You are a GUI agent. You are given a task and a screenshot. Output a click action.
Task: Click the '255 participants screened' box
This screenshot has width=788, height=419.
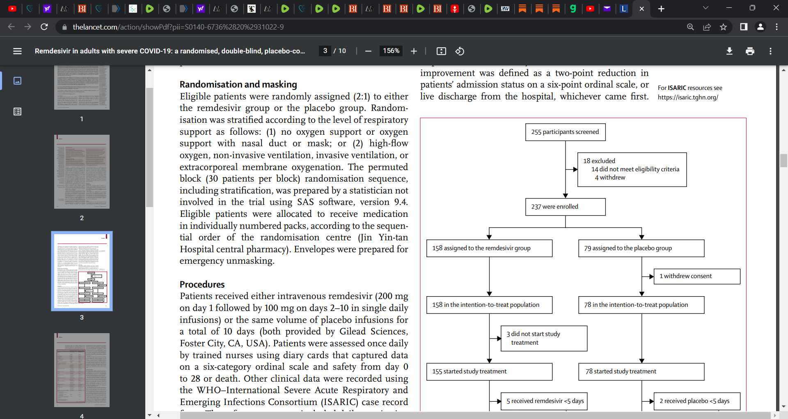click(565, 132)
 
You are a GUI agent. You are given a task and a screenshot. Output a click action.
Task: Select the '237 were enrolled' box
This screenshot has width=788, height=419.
click(565, 207)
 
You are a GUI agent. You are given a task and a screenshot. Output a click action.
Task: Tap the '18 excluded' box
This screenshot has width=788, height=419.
click(632, 170)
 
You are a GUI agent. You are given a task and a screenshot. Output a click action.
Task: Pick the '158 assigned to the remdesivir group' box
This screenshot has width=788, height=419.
click(489, 249)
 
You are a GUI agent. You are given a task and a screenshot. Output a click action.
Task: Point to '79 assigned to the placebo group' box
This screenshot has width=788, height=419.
click(641, 249)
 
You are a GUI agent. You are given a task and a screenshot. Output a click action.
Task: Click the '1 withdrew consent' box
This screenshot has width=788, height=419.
click(696, 276)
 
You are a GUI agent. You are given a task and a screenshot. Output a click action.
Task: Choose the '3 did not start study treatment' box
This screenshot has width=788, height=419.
click(544, 338)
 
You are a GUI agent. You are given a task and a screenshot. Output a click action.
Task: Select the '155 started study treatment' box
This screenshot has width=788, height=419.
click(489, 372)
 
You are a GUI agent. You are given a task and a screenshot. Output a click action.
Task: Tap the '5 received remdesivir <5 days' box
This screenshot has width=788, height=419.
click(544, 401)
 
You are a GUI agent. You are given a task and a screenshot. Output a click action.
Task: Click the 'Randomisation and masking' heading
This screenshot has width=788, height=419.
click(238, 85)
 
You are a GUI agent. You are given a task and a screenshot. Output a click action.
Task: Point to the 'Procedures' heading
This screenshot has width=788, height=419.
click(202, 285)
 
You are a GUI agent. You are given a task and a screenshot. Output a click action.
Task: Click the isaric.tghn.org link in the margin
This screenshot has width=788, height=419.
click(688, 97)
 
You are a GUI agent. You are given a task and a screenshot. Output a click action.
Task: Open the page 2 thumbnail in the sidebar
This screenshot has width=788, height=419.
click(82, 172)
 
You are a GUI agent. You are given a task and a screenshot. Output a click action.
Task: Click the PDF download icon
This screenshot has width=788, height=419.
click(729, 51)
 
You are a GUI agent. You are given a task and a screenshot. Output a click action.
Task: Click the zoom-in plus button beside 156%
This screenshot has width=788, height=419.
click(414, 51)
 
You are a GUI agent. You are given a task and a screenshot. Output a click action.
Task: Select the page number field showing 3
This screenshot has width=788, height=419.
click(325, 51)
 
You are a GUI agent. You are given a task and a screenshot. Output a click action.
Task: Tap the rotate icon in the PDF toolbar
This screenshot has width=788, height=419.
click(460, 51)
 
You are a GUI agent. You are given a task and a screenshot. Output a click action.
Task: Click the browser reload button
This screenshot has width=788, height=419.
click(44, 27)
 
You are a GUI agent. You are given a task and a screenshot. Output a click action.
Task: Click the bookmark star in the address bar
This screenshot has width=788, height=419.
click(723, 27)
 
